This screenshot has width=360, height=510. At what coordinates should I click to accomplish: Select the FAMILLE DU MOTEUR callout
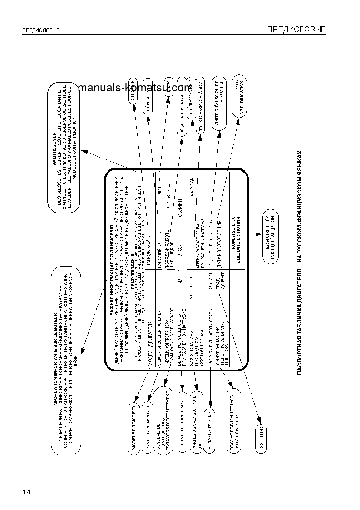tap(148, 425)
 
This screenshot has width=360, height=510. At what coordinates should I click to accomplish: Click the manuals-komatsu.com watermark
tap(135, 88)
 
